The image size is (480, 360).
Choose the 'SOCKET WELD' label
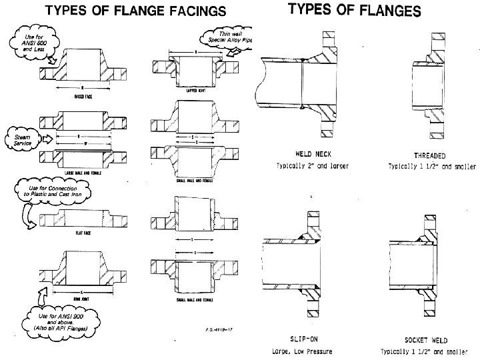(425, 339)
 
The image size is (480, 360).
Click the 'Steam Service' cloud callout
(21, 139)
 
